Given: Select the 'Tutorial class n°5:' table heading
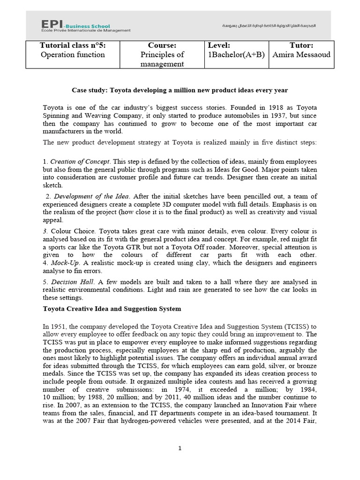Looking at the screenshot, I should [72, 45].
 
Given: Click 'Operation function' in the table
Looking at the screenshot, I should [72, 54].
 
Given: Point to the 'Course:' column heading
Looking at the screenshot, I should [162, 45].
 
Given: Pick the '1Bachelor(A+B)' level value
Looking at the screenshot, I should [236, 54].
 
